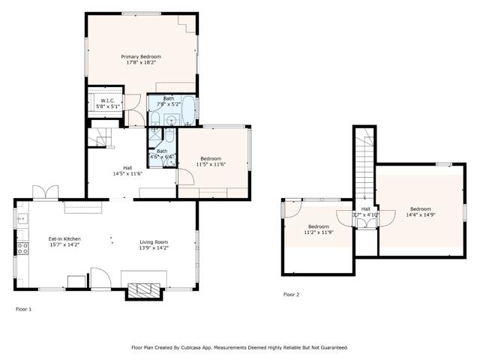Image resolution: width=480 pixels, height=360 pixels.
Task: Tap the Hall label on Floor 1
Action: [x=127, y=167]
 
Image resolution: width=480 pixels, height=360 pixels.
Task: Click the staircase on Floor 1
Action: [x=100, y=138]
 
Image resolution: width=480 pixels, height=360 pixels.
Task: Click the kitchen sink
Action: [x=20, y=220]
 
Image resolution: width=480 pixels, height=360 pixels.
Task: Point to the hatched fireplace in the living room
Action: [x=142, y=291]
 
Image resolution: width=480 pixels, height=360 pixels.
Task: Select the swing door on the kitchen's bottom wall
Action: [x=99, y=279]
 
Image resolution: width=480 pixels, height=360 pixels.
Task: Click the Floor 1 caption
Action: [x=24, y=308]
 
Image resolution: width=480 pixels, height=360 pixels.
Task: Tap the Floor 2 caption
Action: [x=291, y=295]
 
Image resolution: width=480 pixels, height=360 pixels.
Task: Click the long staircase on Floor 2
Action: [x=365, y=172]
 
